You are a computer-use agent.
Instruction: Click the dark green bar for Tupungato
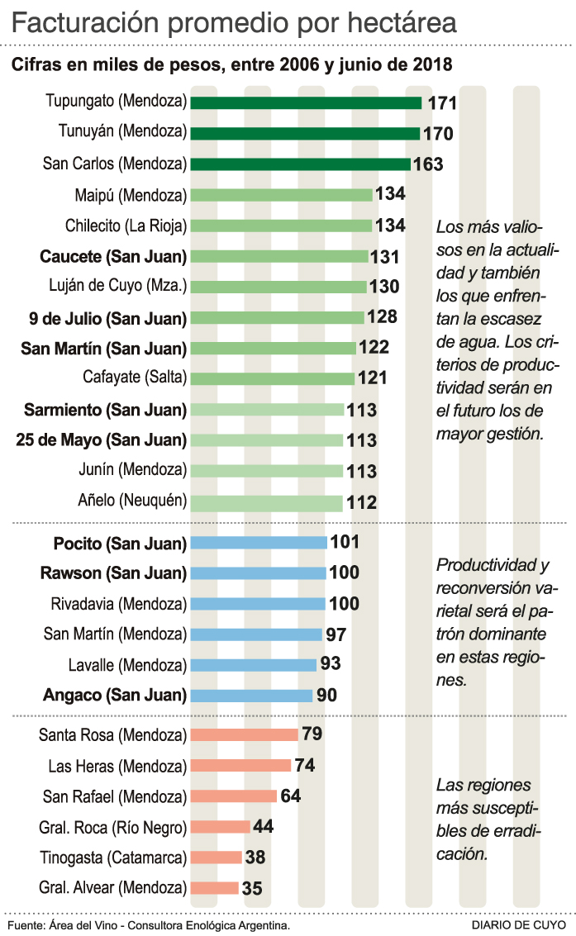(307, 103)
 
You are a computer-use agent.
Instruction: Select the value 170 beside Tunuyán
(438, 134)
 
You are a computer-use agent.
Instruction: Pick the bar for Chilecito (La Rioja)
(282, 226)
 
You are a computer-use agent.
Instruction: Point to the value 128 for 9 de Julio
(382, 317)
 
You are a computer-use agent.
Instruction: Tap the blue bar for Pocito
(259, 543)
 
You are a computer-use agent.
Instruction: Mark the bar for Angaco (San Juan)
(252, 696)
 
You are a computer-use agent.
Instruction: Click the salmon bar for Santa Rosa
(245, 734)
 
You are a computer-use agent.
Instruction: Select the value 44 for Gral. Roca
(264, 826)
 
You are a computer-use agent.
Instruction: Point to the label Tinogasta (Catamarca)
(112, 858)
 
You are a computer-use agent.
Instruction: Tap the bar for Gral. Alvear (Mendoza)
(215, 888)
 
